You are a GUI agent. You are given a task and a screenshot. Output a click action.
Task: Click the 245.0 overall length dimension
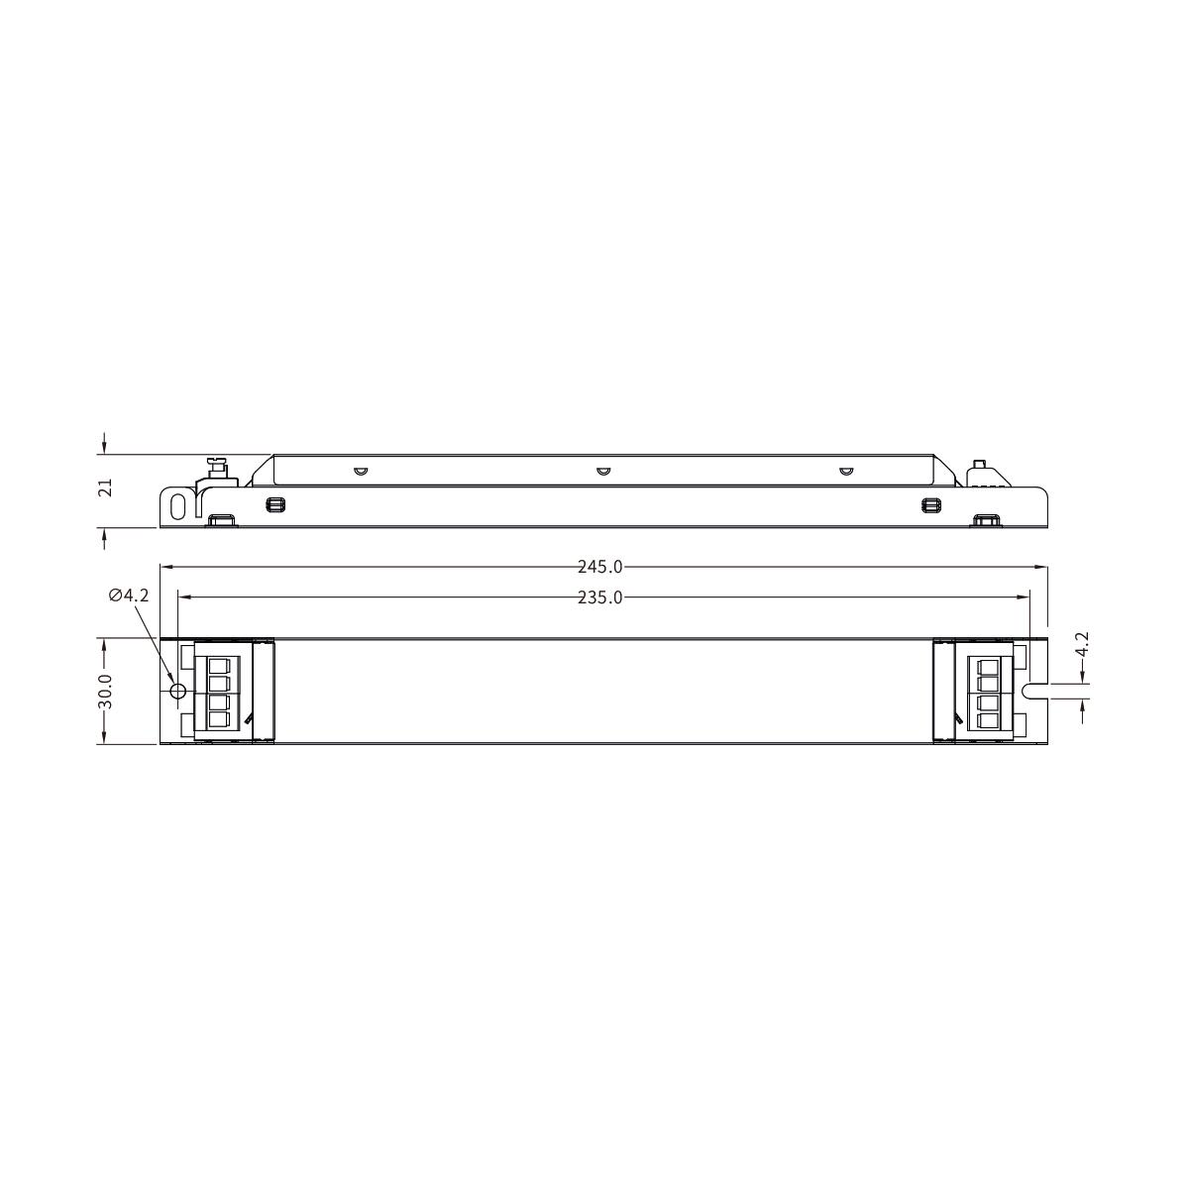point(599,567)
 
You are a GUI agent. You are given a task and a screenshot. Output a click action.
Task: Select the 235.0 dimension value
point(599,597)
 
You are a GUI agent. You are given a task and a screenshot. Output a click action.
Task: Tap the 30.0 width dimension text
point(105,691)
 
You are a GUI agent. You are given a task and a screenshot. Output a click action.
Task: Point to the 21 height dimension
point(106,487)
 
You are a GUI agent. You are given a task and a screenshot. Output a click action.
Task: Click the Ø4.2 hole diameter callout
point(129,595)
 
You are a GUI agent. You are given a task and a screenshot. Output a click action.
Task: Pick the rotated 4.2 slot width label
point(1082,645)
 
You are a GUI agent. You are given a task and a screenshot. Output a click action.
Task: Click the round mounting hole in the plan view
point(177,691)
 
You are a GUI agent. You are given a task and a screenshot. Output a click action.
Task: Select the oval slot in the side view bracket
point(178,506)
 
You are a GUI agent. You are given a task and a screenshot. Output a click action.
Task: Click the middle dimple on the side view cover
point(602,472)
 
